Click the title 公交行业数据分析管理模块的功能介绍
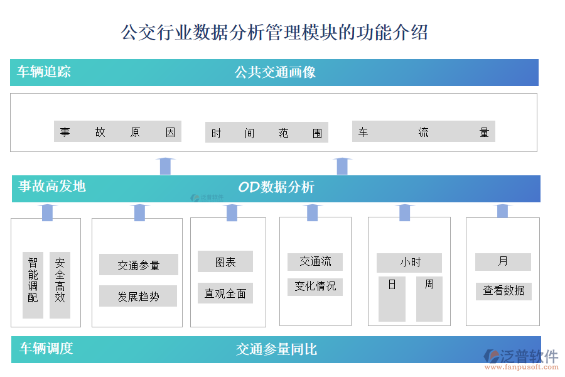(x=274, y=32)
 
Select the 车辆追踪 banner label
(x=44, y=72)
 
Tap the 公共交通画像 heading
(x=275, y=72)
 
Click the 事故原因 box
(x=117, y=132)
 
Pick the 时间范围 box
(x=266, y=133)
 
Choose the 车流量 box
(x=423, y=132)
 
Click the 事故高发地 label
(x=52, y=186)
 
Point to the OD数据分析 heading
(x=276, y=187)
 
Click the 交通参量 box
(x=138, y=265)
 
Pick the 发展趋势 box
(x=138, y=296)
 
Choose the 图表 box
(x=225, y=262)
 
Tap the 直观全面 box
(x=225, y=293)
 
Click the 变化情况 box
(x=315, y=287)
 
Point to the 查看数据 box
(x=503, y=291)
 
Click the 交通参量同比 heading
(x=276, y=349)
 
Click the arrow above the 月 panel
(x=502, y=211)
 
